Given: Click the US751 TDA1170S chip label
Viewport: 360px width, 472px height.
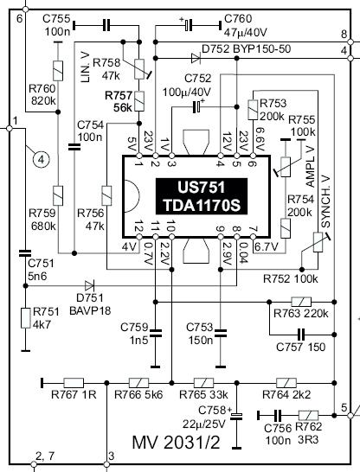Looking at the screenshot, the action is point(202,196).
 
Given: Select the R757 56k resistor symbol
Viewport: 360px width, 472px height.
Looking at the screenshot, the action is point(139,102).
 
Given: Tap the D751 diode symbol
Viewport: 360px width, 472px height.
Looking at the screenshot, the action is point(90,285).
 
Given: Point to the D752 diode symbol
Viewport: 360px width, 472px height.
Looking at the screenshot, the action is point(196,58).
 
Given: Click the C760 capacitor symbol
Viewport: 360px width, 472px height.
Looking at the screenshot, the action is point(189,26).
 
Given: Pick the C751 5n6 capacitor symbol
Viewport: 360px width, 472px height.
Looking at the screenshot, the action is point(25,252).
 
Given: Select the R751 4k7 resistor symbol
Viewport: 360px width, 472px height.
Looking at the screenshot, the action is point(26,318).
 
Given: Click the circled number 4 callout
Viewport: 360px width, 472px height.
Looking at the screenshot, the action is point(42,159).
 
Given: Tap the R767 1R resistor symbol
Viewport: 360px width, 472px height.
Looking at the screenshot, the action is point(74,383).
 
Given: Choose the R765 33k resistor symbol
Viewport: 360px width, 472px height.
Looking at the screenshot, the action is point(203,383).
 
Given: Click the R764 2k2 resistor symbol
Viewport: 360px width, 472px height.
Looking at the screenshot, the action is point(286,383).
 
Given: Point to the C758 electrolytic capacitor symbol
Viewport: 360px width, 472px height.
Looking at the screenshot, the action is point(236,416).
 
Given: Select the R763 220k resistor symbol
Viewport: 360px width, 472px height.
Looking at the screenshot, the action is point(301,302).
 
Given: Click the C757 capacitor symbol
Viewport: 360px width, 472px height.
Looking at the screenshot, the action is point(301,335).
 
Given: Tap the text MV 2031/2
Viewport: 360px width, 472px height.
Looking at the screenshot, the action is point(177,442).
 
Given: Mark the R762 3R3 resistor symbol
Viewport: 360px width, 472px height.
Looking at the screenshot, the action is point(308,416).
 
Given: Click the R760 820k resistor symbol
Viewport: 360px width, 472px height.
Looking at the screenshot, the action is point(58,71).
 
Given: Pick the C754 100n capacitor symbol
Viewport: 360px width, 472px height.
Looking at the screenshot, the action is point(74,147).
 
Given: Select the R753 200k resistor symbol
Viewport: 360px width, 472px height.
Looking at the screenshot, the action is point(253,110).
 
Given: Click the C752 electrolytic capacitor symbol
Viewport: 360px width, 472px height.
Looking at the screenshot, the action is point(197,106).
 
